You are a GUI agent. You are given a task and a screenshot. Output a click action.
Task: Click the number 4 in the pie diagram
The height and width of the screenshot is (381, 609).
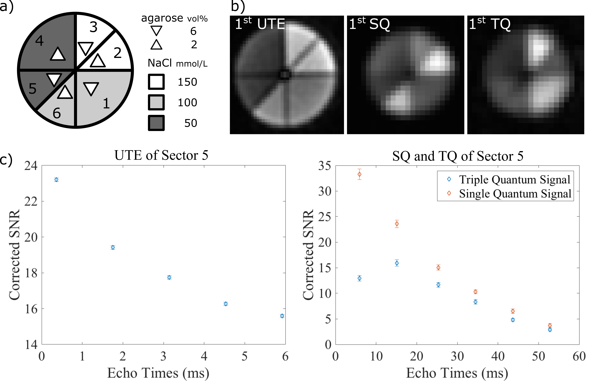[x=39, y=41]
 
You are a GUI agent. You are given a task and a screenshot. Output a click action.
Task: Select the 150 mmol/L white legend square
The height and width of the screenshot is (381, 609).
[x=156, y=82]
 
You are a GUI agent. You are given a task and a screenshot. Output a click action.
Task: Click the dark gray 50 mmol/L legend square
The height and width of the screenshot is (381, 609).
[x=156, y=123]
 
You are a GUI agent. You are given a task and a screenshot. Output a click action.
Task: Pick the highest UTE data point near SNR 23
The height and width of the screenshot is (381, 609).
[x=56, y=180]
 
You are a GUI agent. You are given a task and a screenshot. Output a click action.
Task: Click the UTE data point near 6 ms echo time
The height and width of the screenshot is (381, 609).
[x=282, y=316]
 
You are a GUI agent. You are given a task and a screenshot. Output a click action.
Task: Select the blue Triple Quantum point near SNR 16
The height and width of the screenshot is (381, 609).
[x=397, y=263]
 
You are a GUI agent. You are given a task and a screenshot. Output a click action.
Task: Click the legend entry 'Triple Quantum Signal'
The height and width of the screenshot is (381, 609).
[x=514, y=179]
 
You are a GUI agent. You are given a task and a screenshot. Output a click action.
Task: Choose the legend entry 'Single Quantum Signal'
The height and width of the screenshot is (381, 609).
[x=515, y=194]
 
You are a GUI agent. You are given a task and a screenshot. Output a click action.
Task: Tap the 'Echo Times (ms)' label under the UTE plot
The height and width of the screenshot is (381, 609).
[x=158, y=373]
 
